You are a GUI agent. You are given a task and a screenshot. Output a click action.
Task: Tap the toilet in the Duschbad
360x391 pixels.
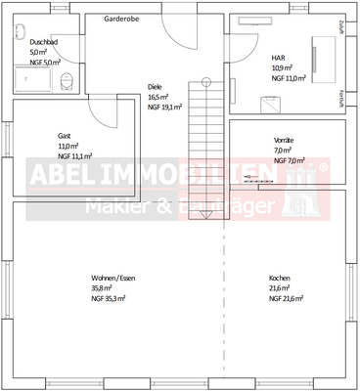67,80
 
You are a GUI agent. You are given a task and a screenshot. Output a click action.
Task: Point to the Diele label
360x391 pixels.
155,86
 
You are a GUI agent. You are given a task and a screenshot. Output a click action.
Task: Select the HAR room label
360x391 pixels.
278,58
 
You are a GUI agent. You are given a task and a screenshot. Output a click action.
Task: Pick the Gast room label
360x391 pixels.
66,136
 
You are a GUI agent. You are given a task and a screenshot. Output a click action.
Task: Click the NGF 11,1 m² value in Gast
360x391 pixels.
74,156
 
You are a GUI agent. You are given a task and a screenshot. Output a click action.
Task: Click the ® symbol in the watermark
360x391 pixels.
324,168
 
